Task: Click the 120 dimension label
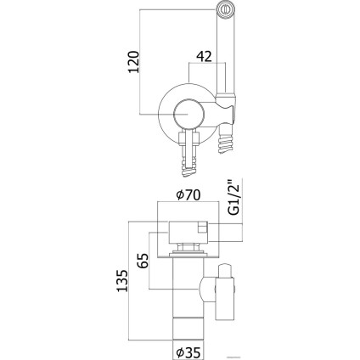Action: point(134,62)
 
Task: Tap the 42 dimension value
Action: point(204,57)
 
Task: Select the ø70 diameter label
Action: point(188,194)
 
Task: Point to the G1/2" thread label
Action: point(234,196)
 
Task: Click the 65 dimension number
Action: point(143,261)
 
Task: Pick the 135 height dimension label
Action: point(122,281)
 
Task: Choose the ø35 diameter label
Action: point(188,352)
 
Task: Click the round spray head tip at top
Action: point(226,9)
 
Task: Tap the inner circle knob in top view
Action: point(188,114)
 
